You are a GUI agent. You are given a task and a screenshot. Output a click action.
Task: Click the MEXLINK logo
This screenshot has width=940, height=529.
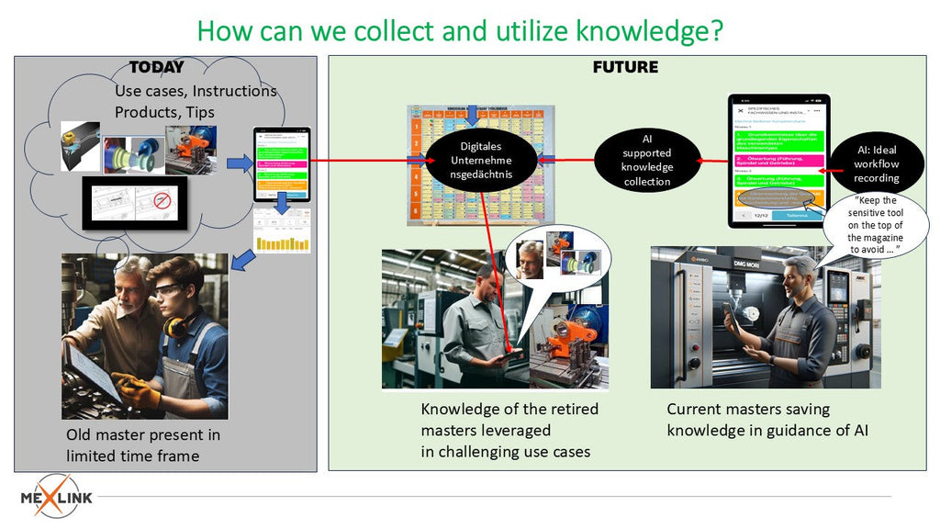coord(57,496)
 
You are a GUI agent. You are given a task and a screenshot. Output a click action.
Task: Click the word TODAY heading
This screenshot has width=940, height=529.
coord(156,67)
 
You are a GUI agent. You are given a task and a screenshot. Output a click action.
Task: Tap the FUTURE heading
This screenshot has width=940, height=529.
coord(625,67)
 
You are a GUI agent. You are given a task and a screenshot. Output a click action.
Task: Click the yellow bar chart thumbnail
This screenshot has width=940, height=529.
coord(281,231)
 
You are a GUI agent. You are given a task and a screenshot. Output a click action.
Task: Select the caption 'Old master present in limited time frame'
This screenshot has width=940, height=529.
coord(143,445)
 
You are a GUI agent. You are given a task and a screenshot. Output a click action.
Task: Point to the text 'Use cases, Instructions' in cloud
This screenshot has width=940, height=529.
coord(196,91)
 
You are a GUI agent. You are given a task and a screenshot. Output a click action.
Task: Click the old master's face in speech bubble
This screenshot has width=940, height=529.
coord(530,258)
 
